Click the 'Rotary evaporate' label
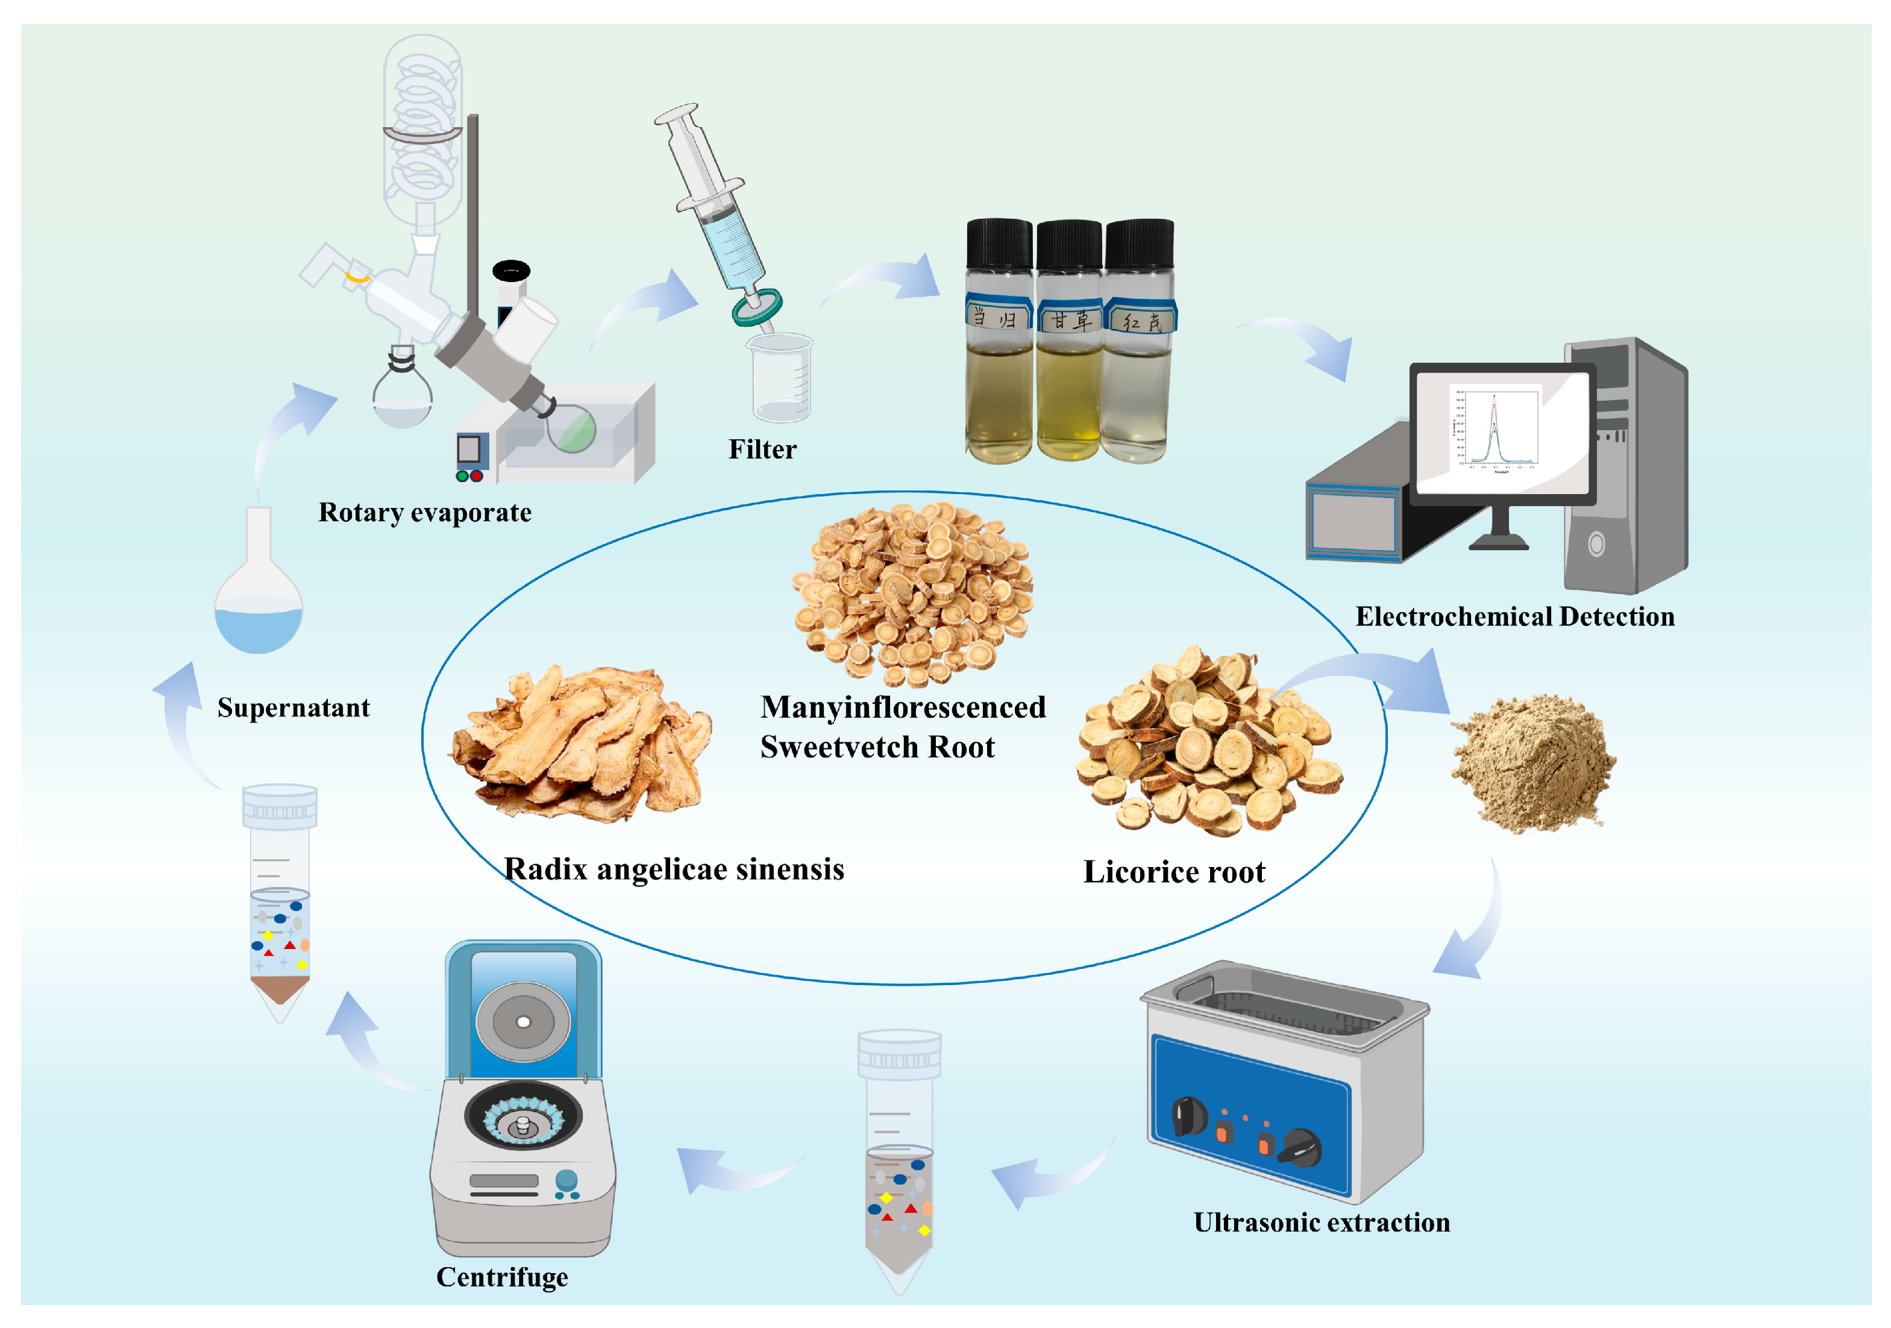pyautogui.click(x=425, y=512)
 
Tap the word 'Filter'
pyautogui.click(x=762, y=449)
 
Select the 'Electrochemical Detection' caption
pyautogui.click(x=1514, y=616)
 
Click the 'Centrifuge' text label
pyautogui.click(x=501, y=1277)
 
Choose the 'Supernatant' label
pyautogui.click(x=293, y=707)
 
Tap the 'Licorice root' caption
pyautogui.click(x=1174, y=872)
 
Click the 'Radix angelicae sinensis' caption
pyautogui.click(x=674, y=869)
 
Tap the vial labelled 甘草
pyautogui.click(x=1069, y=346)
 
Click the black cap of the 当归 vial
pyautogui.click(x=999, y=243)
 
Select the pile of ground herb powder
pyautogui.click(x=1532, y=762)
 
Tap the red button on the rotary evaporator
pyautogui.click(x=476, y=476)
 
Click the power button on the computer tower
pyautogui.click(x=1596, y=544)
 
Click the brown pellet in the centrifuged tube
pyautogui.click(x=280, y=988)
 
